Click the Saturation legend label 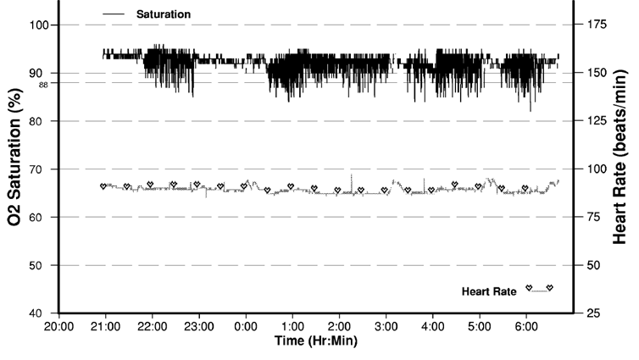tap(163, 14)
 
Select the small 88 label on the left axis tap(43, 84)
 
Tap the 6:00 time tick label tap(526, 326)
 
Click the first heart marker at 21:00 tap(103, 186)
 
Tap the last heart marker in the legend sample tap(549, 289)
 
